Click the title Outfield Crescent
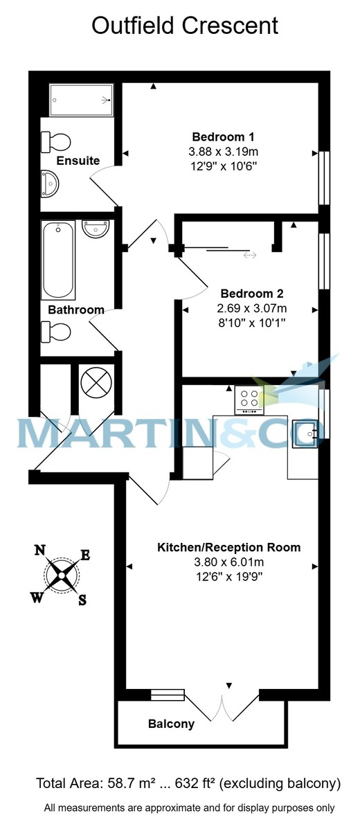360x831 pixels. tap(186, 26)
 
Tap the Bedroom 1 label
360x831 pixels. tap(224, 136)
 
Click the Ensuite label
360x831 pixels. tap(78, 161)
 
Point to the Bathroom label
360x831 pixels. tap(76, 310)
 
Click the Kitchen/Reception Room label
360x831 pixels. tap(229, 547)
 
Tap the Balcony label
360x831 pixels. tap(171, 724)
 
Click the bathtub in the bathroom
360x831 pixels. tap(58, 260)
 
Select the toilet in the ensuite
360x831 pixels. tap(57, 142)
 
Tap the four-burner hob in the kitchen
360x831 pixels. tap(249, 400)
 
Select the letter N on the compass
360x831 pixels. tap(41, 551)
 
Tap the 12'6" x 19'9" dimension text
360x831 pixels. tap(229, 575)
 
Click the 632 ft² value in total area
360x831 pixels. tap(191, 784)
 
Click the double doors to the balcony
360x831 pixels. tap(224, 706)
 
